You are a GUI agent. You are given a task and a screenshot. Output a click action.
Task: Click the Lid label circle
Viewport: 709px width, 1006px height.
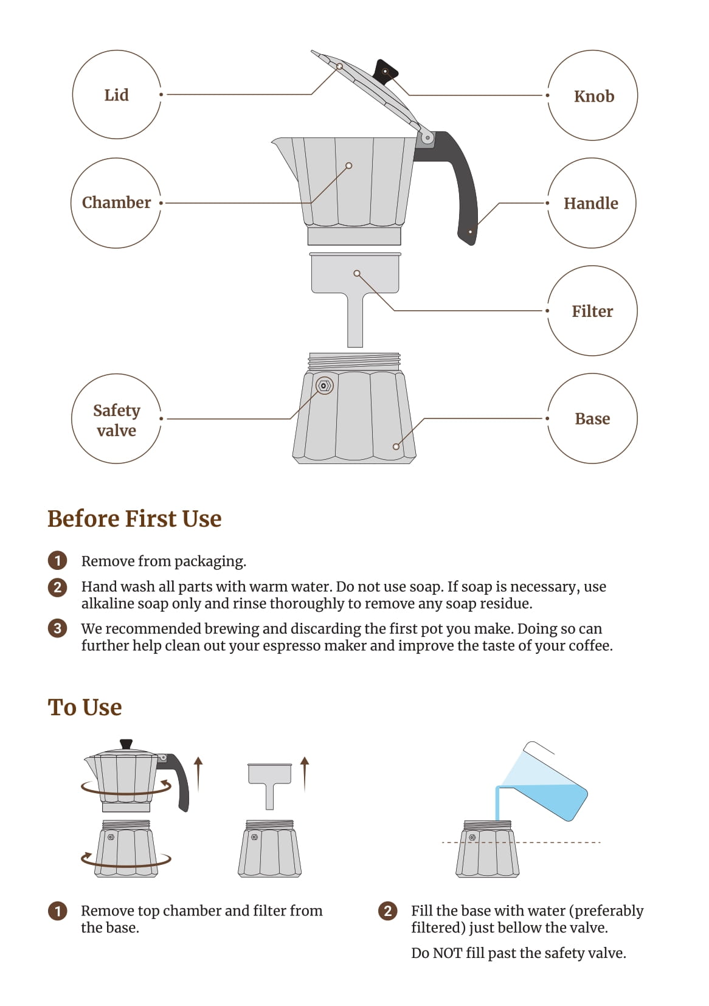(x=73, y=95)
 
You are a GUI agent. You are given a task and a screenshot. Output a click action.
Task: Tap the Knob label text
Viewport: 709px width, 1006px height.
(x=593, y=96)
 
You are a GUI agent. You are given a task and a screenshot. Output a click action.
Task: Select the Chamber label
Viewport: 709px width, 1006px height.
(x=116, y=203)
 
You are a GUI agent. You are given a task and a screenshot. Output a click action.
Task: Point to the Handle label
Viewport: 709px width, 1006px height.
(x=591, y=203)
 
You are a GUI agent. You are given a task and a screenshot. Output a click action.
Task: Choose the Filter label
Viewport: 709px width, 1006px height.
(x=592, y=311)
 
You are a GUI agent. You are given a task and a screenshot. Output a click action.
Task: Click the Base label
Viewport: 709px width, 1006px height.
(x=592, y=418)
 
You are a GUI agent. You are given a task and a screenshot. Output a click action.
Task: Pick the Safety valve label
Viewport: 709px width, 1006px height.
(x=116, y=420)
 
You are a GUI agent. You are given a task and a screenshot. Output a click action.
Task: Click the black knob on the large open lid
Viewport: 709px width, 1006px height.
(x=386, y=72)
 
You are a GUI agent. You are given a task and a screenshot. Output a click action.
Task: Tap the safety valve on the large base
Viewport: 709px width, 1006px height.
(x=323, y=386)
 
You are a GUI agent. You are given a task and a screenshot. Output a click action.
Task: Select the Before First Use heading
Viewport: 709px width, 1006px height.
(x=134, y=519)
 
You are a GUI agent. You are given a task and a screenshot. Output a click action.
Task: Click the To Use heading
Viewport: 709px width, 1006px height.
(x=85, y=707)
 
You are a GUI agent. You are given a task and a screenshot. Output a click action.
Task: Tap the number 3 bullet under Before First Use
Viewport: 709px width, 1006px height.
(x=58, y=628)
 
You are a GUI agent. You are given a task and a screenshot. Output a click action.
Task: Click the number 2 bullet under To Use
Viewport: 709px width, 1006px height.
(x=387, y=911)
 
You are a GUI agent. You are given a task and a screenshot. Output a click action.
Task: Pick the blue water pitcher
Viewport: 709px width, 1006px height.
(x=545, y=782)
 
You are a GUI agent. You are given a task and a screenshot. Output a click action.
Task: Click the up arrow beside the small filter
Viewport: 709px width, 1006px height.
(x=305, y=774)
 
